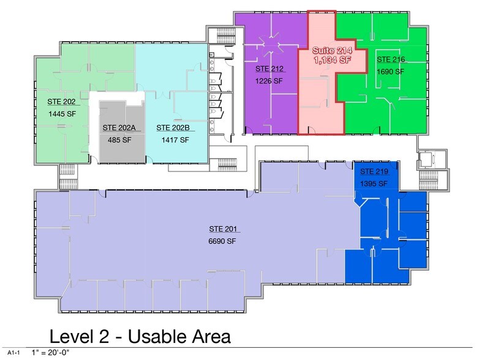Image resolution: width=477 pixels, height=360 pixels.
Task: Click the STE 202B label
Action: click(x=172, y=127)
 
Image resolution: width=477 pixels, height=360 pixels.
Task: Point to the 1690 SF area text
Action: click(x=391, y=72)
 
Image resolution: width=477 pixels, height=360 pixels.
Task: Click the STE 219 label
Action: click(x=374, y=171)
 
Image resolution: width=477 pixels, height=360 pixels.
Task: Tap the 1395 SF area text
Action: click(x=374, y=184)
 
